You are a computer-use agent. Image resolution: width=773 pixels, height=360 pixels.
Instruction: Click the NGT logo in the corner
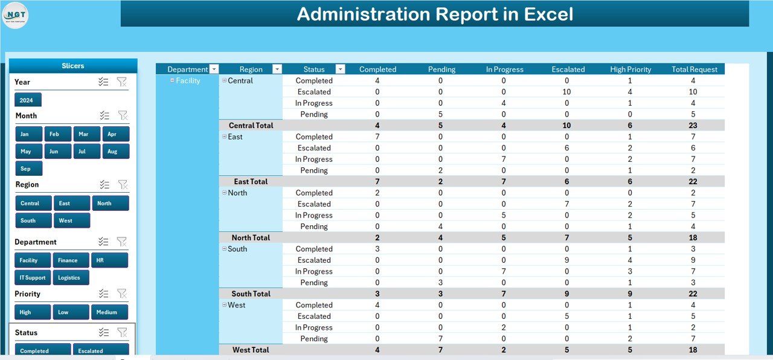click(16, 15)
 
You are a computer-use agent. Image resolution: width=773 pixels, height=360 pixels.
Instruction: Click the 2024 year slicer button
click(28, 100)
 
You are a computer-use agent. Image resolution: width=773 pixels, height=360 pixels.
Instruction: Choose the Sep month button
click(28, 169)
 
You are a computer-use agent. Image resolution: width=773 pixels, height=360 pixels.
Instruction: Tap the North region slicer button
click(110, 204)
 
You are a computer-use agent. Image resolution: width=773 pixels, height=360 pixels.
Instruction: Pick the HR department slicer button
click(109, 260)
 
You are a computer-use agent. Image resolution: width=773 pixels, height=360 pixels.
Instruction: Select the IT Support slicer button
click(33, 277)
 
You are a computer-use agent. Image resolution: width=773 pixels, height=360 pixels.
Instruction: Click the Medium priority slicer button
click(109, 312)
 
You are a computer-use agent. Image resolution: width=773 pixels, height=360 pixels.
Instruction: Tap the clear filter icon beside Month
click(122, 115)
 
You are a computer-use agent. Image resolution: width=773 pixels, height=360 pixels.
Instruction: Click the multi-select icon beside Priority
click(104, 294)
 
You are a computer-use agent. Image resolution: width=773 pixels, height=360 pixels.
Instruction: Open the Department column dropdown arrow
click(214, 69)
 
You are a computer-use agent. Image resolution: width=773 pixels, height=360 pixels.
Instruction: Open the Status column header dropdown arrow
click(340, 69)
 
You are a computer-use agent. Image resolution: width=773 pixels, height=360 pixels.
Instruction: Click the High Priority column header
click(630, 69)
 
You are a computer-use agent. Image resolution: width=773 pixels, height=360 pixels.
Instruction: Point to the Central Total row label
click(251, 126)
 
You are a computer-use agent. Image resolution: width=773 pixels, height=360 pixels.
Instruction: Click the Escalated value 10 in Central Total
click(567, 126)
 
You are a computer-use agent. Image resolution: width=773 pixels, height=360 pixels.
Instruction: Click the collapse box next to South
click(224, 249)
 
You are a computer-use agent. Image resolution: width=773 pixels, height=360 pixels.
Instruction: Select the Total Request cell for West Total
click(693, 350)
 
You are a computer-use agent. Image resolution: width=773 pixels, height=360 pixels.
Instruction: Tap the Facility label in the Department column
click(188, 80)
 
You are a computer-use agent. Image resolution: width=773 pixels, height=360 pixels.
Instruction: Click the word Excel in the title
click(545, 14)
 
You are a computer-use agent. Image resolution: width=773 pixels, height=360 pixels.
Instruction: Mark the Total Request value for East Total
click(693, 181)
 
